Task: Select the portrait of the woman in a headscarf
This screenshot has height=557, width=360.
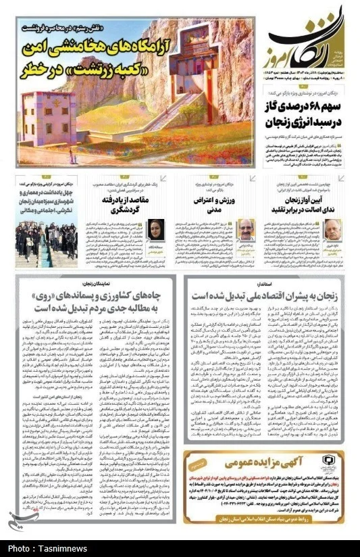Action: [155, 229]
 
